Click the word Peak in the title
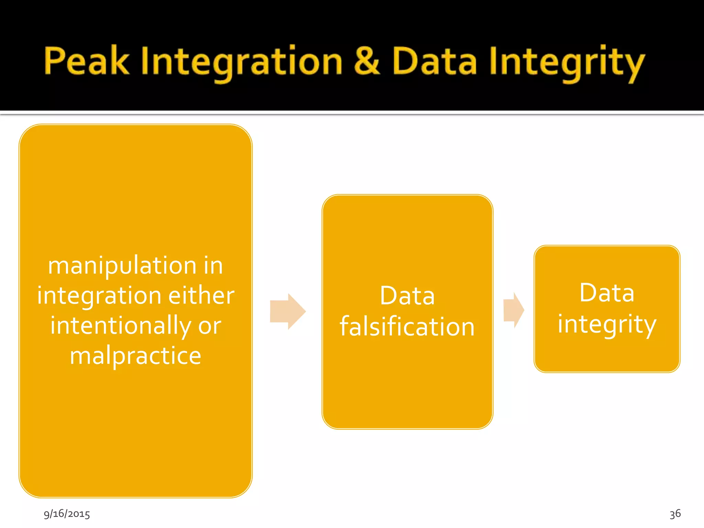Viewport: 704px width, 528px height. [87, 61]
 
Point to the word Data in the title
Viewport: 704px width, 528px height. [434, 61]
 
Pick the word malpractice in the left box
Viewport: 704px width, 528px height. [135, 356]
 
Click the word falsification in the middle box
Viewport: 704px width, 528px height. [407, 327]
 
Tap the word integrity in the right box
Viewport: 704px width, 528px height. [607, 324]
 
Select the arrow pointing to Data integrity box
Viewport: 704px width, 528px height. [514, 310]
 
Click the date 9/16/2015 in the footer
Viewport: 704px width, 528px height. [67, 514]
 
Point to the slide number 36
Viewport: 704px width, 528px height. [675, 514]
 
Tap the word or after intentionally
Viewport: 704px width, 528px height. [209, 326]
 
